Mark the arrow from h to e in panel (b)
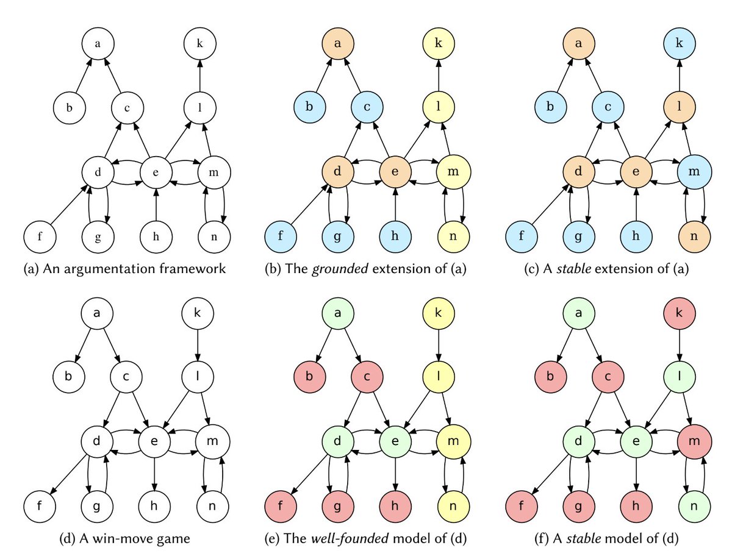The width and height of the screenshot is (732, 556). pos(395,204)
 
